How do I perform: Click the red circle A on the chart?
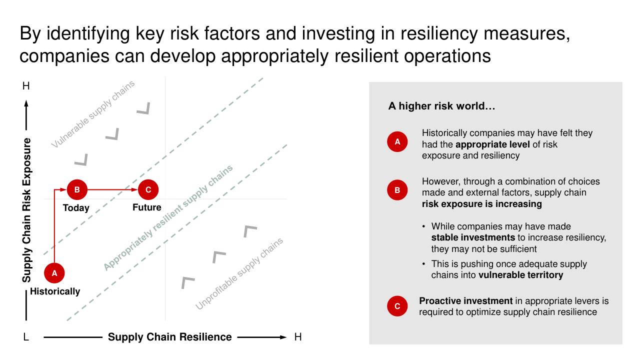point(54,273)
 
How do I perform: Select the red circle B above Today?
point(77,189)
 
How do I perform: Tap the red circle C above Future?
point(148,189)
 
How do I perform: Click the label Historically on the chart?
point(55,291)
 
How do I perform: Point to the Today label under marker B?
point(76,207)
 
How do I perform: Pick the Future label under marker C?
point(147,207)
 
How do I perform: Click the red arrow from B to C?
point(112,189)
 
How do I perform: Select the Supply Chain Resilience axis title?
point(169,337)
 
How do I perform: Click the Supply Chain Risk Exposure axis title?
point(26,210)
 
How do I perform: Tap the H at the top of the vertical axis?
point(26,85)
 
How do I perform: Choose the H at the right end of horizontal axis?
point(298,337)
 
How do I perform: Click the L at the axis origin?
point(26,337)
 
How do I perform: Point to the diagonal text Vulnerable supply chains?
point(93,114)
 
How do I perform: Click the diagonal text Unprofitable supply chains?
point(239,273)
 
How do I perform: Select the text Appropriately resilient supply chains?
point(168,217)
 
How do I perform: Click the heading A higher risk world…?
point(441,106)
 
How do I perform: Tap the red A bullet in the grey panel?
point(397,141)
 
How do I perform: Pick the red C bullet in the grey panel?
point(397,306)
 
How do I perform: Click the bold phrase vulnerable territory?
point(521,275)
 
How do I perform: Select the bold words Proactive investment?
point(466,301)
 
